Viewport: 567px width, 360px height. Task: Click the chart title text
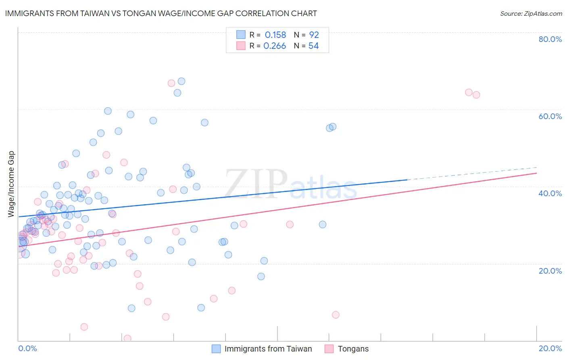coord(161,13)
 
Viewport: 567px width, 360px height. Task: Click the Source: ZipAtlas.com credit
coord(531,13)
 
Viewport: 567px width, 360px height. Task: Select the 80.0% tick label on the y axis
coord(550,39)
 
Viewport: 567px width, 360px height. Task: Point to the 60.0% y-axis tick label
coord(550,116)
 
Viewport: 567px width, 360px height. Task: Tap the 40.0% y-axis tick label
coord(550,193)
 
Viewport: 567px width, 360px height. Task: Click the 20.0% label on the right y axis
coord(550,271)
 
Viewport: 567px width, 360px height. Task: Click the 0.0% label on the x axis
coord(27,348)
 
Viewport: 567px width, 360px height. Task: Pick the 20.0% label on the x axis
coord(550,348)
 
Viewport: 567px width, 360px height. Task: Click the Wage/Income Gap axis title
coord(11,184)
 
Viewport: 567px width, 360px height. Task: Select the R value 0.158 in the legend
coord(275,35)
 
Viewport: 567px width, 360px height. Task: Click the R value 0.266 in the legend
coord(275,46)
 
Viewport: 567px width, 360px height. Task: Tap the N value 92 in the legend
coord(314,35)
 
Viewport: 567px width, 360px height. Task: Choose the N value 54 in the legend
coord(313,46)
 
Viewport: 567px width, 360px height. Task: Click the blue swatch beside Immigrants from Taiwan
coord(216,349)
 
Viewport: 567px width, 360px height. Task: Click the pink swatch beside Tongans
coord(329,349)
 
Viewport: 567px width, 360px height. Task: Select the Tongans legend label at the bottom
coord(353,349)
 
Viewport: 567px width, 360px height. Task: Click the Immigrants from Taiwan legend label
coord(268,349)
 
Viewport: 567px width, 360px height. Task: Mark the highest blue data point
coord(181,81)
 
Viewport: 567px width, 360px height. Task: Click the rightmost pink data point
coord(476,95)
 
